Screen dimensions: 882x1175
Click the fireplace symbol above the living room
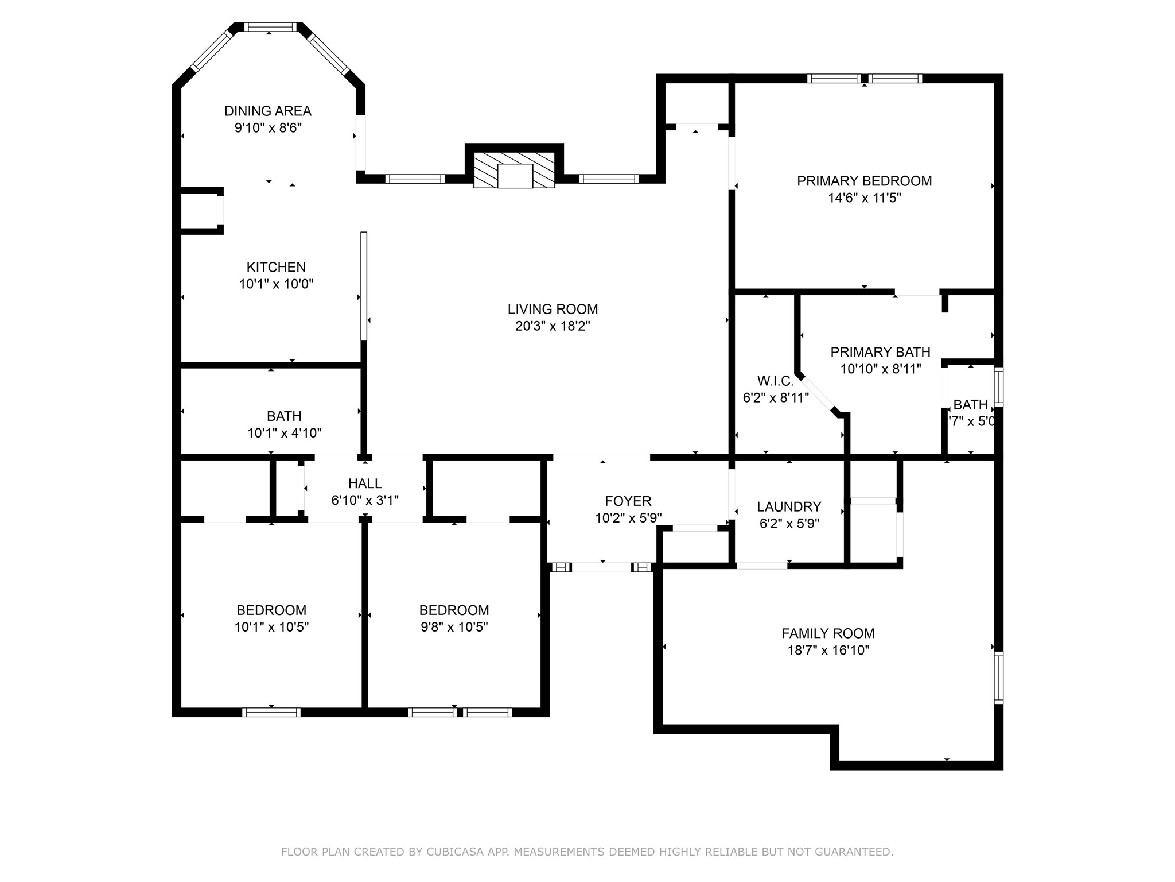coord(515,169)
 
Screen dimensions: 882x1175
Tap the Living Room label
coord(553,309)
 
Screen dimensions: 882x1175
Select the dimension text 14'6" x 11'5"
coord(864,198)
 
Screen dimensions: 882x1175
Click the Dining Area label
coord(267,111)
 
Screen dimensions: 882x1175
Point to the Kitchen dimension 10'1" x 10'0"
coord(276,284)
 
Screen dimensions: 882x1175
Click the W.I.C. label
coord(775,381)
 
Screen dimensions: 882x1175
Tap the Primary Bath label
coord(880,352)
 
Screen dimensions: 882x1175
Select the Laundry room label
coord(789,506)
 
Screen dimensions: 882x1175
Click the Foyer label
coord(628,501)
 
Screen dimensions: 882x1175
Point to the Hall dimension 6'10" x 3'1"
coord(365,500)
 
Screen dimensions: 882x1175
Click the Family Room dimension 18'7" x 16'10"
coord(828,650)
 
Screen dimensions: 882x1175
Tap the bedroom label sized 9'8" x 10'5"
coord(454,610)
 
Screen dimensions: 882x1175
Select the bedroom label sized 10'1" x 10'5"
coord(271,610)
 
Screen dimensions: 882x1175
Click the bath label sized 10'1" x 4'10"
coord(284,416)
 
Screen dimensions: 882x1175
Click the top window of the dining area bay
coord(270,27)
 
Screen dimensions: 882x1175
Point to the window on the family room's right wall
coord(998,678)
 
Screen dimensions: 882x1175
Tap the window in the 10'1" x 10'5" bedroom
coord(271,712)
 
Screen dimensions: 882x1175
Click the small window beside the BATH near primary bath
coord(998,387)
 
